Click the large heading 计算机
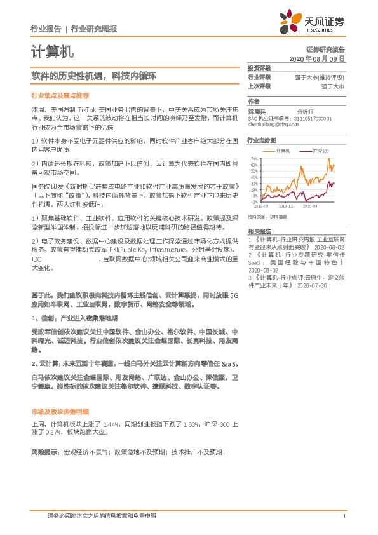(x=52, y=51)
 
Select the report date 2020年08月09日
(x=317, y=58)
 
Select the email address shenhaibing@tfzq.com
(x=273, y=125)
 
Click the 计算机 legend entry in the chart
(x=283, y=151)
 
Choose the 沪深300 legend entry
(x=320, y=151)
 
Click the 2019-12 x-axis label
(x=285, y=207)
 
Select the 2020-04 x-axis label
(x=309, y=207)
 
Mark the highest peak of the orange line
(x=329, y=159)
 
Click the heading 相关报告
(x=259, y=231)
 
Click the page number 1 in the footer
(x=343, y=516)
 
